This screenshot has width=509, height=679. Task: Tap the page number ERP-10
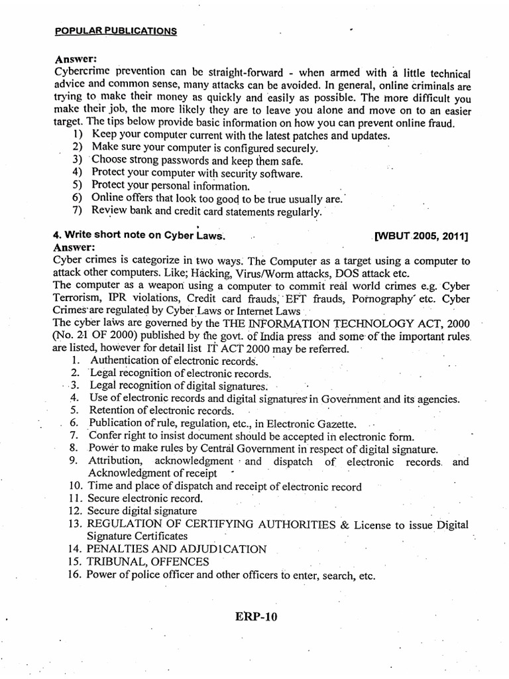(x=255, y=616)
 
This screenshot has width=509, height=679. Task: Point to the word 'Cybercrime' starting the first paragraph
(x=79, y=72)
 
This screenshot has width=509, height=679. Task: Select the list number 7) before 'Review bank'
(x=77, y=212)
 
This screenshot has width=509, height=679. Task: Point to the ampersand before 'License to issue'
(x=344, y=524)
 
